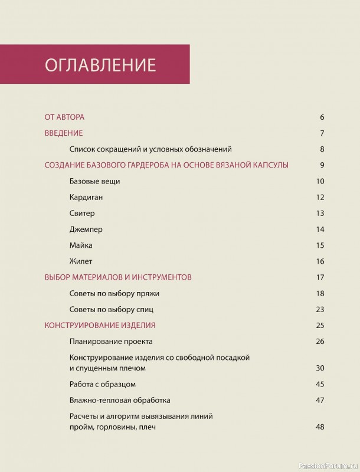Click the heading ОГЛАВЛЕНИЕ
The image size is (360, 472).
[100, 64]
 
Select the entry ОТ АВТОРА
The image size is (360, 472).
[64, 117]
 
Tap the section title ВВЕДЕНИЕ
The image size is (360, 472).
[64, 133]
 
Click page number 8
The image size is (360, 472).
[322, 149]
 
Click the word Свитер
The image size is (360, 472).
[82, 213]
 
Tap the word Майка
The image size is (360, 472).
[81, 245]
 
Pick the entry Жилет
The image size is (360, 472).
[81, 261]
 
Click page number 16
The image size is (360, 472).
[320, 261]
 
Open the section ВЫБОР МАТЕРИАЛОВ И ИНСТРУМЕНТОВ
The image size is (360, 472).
[126, 277]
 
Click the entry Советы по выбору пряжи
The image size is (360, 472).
[114, 293]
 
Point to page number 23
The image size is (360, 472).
[320, 309]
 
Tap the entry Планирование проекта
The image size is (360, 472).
[111, 341]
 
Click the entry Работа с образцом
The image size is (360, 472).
[103, 384]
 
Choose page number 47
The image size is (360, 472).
[320, 400]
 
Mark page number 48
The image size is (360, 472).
[320, 427]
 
